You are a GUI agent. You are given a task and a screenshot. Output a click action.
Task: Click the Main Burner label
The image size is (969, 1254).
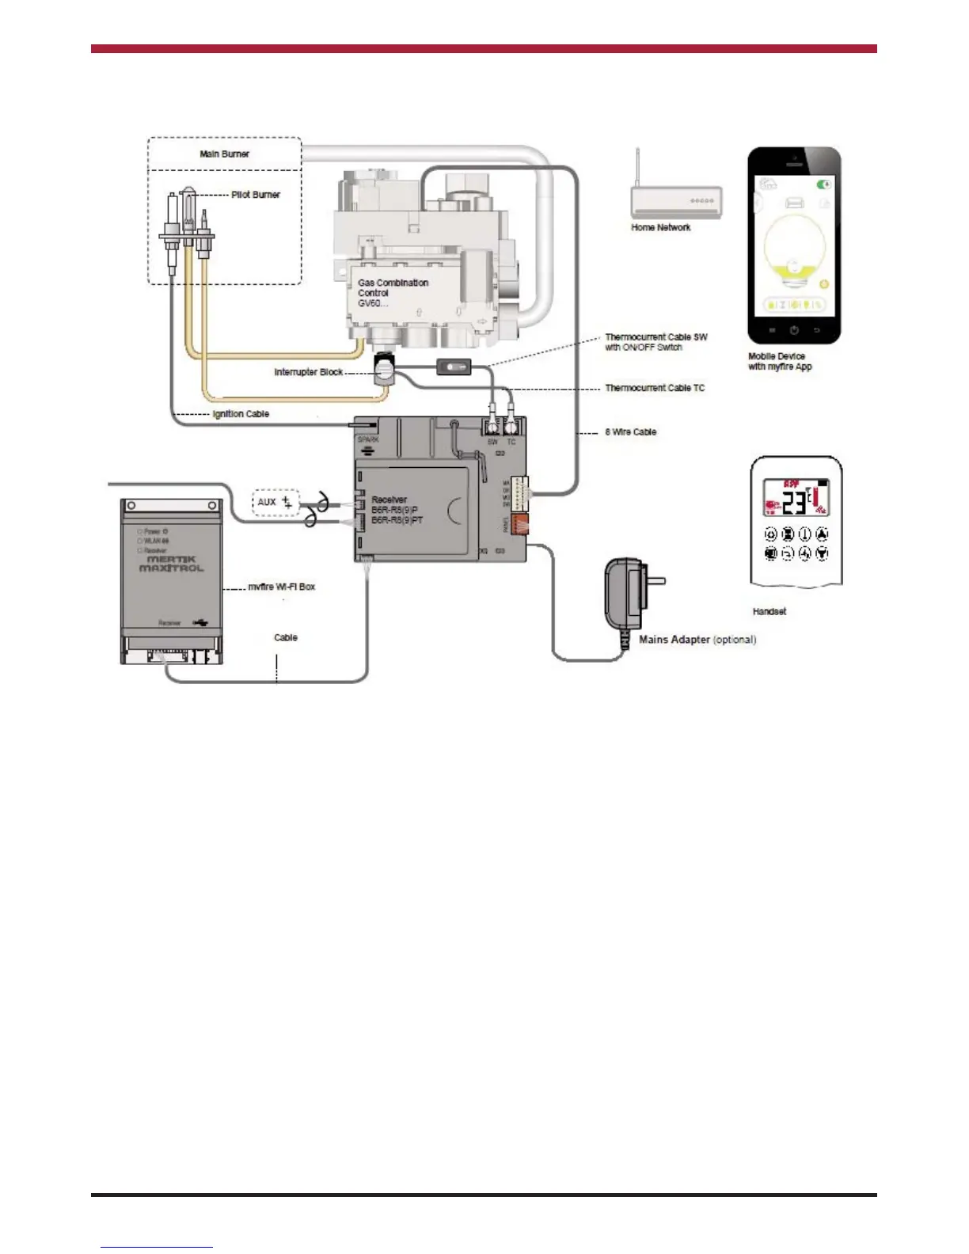tap(224, 154)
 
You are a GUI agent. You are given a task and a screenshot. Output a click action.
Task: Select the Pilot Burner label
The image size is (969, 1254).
tap(255, 194)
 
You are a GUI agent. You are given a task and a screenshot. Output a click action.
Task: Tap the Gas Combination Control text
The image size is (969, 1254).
tap(393, 292)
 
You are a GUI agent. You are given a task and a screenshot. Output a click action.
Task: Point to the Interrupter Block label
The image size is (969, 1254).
tap(308, 372)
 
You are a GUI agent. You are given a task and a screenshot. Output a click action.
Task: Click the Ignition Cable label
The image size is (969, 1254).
tap(241, 414)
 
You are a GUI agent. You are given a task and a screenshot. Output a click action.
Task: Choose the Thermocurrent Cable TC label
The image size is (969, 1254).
tap(654, 388)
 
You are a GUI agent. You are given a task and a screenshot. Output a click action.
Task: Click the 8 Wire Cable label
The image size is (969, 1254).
tap(630, 432)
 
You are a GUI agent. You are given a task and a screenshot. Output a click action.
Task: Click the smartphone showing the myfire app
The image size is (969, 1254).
tap(794, 245)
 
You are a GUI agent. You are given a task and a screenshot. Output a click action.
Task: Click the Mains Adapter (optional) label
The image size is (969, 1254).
tap(697, 640)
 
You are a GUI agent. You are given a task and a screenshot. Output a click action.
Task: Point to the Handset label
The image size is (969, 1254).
tap(769, 612)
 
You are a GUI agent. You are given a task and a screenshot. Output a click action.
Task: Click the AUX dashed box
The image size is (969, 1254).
tap(275, 502)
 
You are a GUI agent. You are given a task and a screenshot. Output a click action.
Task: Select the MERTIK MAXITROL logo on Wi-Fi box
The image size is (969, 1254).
tap(172, 564)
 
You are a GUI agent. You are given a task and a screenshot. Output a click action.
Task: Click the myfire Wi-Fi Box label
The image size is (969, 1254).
tap(281, 587)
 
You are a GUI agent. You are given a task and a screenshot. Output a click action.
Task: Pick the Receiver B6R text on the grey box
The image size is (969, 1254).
tap(397, 510)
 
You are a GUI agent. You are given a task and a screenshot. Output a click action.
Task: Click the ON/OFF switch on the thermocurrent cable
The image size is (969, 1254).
tap(454, 367)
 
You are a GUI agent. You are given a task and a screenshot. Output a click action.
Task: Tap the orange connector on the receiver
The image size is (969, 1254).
tap(519, 524)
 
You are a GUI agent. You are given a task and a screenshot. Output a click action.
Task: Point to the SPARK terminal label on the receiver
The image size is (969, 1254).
tap(368, 439)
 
